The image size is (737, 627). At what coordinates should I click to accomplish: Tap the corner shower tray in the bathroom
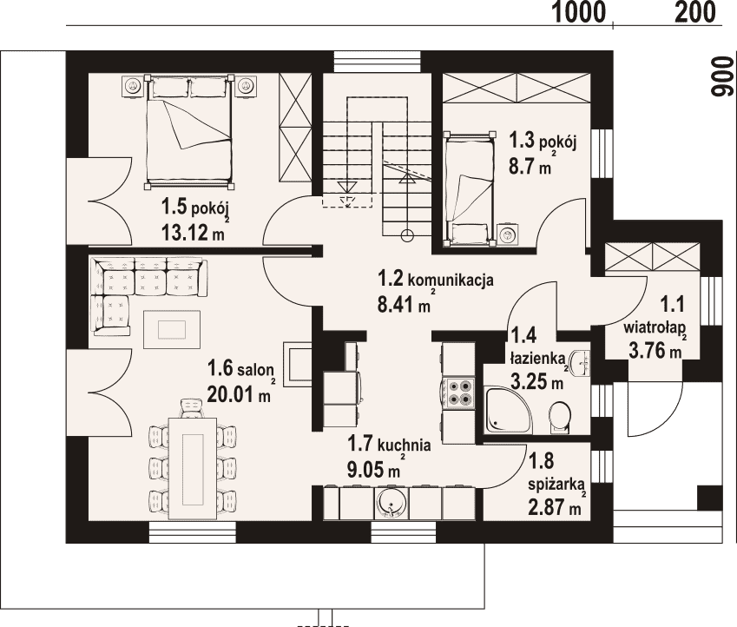[509, 409]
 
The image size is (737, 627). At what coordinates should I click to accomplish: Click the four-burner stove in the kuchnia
[458, 393]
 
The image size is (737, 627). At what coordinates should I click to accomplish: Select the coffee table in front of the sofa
[172, 329]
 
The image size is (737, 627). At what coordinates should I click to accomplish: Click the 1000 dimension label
[579, 12]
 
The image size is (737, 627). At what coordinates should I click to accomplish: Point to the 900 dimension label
[721, 77]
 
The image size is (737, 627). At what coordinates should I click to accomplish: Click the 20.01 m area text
[239, 394]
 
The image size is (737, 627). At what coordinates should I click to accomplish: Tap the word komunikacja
[451, 280]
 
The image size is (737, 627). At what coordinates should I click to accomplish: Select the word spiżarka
[556, 484]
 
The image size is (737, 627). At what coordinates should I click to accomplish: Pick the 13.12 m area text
[193, 233]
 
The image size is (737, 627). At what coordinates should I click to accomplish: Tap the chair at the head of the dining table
[193, 407]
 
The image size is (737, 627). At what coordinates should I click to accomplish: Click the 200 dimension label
[695, 12]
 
